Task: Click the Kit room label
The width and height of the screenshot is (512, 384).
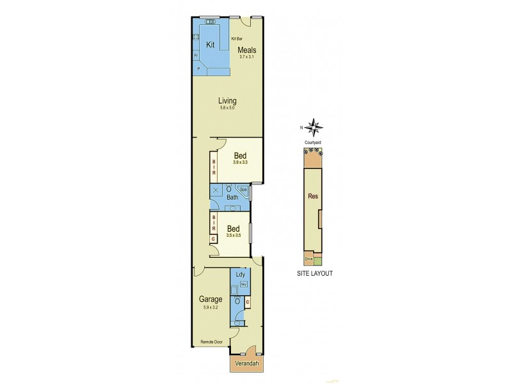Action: tap(209, 44)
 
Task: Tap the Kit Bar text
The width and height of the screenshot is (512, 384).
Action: tap(236, 39)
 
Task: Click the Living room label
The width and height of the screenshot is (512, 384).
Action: tap(227, 100)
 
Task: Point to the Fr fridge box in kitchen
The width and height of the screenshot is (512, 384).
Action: tap(196, 55)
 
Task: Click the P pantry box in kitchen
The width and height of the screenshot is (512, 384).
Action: tap(198, 68)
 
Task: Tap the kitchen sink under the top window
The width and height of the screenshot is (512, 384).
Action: tap(210, 22)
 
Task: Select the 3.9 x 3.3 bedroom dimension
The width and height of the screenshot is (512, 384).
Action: tap(240, 163)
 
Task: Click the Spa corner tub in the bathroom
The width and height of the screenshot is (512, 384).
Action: tap(243, 189)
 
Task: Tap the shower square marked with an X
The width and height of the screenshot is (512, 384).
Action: tap(216, 190)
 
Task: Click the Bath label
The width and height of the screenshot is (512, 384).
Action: tap(233, 197)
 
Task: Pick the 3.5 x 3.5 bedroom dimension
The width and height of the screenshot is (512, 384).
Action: tap(234, 236)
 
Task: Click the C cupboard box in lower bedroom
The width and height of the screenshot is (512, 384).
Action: tap(213, 239)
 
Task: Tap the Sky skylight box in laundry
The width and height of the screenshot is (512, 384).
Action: tap(243, 282)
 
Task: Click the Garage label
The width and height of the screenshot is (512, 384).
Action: tap(210, 299)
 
